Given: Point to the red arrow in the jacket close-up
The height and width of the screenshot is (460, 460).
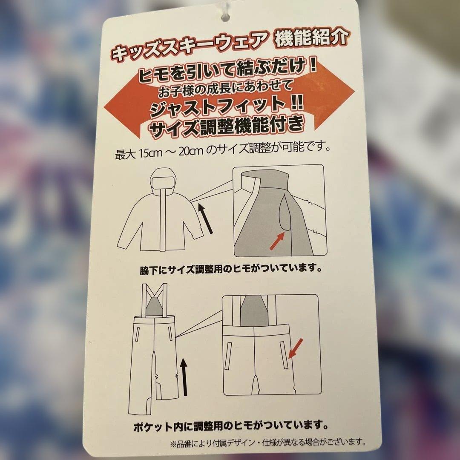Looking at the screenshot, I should point(277,242).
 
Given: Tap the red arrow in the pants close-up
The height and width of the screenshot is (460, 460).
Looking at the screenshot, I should point(296,347).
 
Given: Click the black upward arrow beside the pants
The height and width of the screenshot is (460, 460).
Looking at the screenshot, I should point(184,377).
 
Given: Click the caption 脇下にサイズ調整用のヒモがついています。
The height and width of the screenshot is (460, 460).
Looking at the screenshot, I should point(230,270).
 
